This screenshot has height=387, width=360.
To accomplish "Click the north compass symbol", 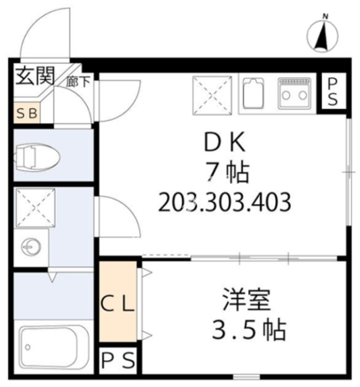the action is (324, 36).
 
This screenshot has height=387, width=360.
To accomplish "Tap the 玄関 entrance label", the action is (35, 75).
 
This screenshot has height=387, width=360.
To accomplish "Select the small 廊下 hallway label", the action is (78, 82).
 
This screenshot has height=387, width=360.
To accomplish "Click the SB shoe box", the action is (27, 113).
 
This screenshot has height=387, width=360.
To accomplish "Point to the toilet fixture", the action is (37, 156).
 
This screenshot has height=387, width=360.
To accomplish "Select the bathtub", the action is (54, 347).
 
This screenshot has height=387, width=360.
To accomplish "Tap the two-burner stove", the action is (294, 92).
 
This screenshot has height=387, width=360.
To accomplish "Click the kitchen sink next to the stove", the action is (253, 93).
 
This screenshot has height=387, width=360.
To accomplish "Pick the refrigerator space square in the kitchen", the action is (212, 95).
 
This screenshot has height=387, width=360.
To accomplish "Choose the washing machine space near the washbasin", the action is (35, 208).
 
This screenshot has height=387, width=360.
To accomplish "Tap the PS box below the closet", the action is (118, 360).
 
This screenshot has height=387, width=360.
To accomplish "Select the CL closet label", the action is (118, 304).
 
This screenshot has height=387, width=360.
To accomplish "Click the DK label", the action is (225, 143).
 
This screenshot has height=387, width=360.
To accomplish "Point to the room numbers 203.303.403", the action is (224, 202).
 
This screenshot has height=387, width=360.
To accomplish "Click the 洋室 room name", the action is (247, 300).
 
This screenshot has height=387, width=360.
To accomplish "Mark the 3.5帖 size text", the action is (249, 329).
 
